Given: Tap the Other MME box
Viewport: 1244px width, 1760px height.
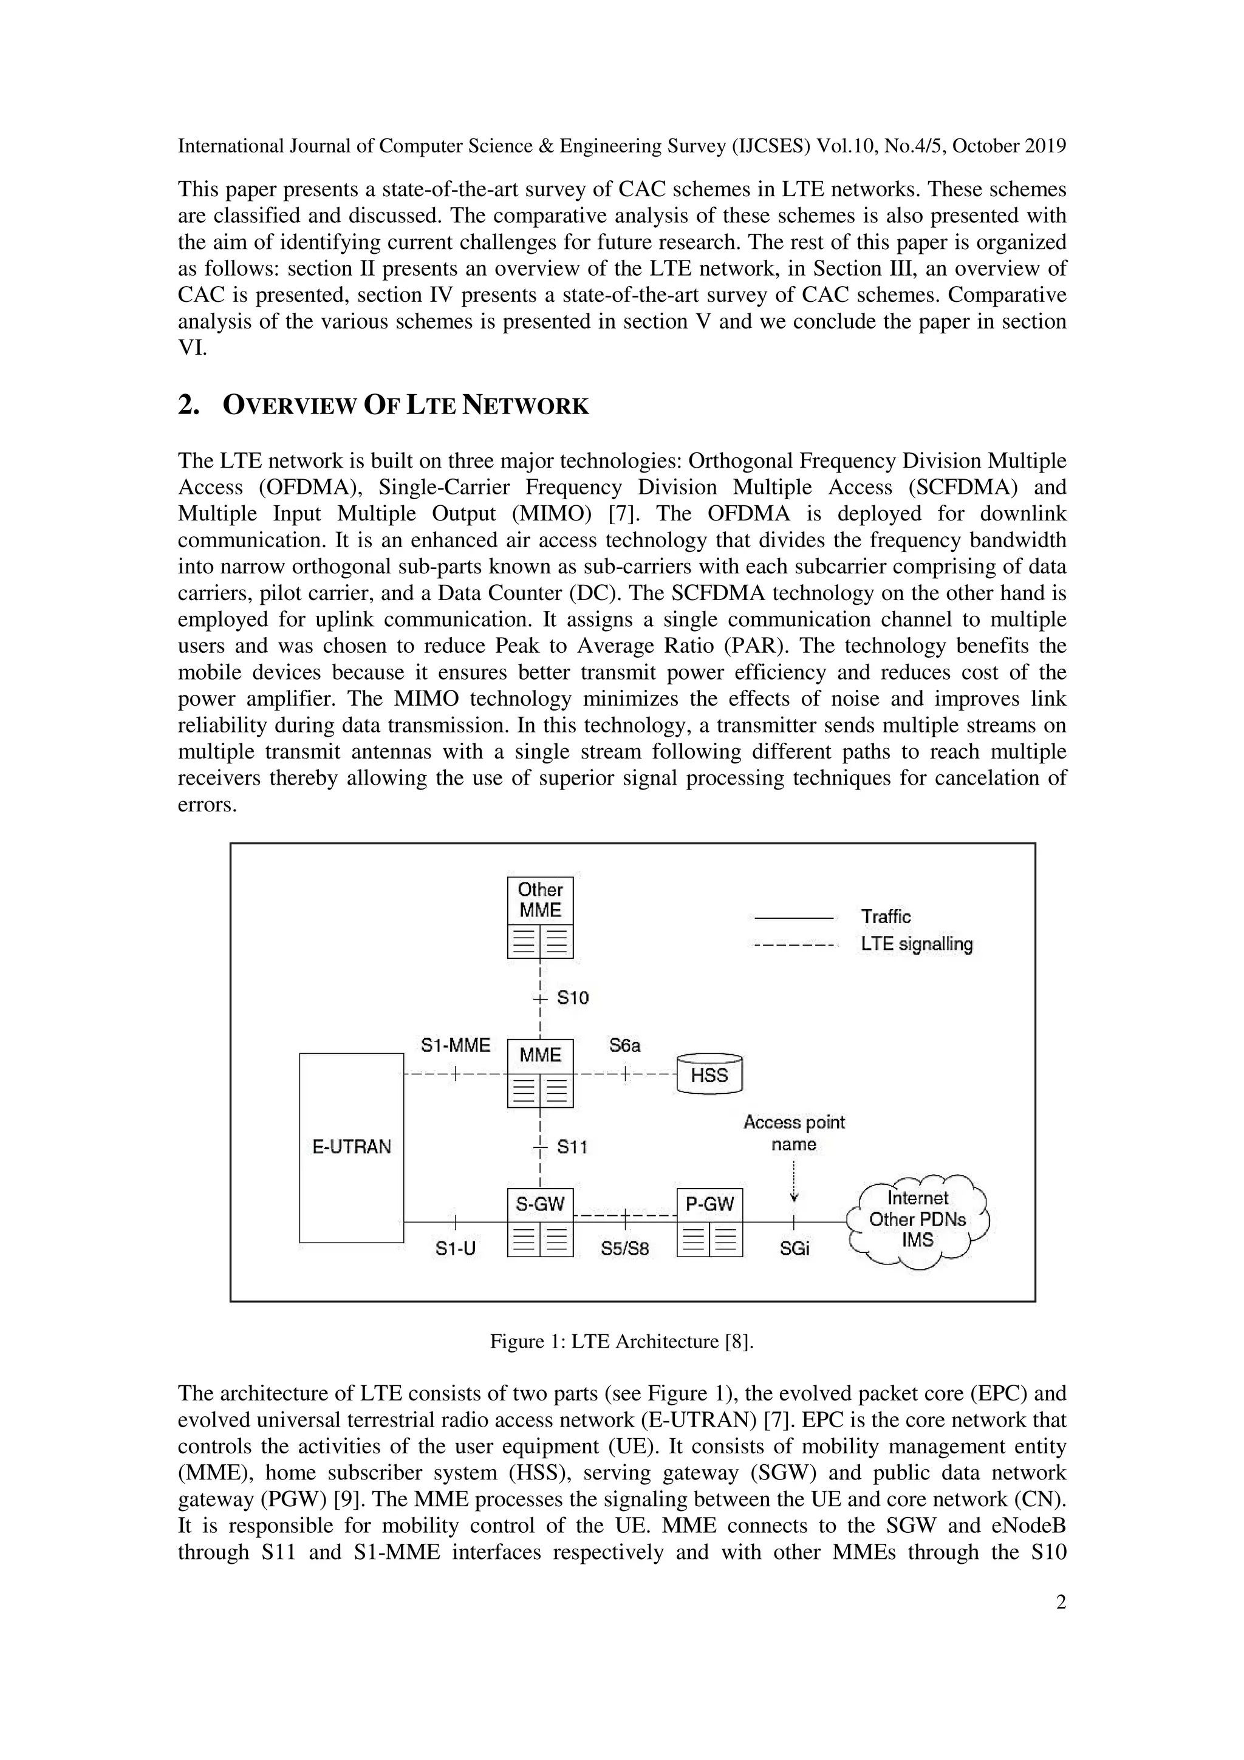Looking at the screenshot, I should pos(541,917).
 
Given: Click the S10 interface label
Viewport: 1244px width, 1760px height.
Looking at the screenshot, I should pos(573,998).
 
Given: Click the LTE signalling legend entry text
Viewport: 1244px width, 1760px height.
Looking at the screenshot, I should pos(917,944).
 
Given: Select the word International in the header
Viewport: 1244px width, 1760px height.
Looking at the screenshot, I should pos(231,146).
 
